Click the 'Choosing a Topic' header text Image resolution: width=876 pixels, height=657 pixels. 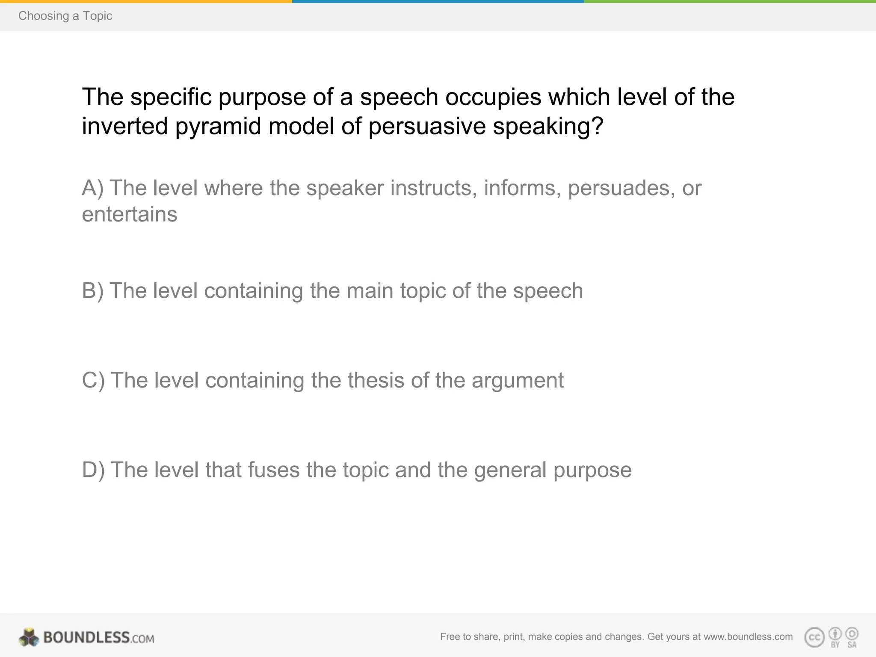pyautogui.click(x=65, y=16)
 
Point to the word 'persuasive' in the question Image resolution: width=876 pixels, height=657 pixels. pyautogui.click(x=427, y=126)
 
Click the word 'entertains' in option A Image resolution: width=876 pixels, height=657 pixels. pyautogui.click(x=129, y=214)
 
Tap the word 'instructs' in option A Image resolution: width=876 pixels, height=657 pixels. pyautogui.click(x=434, y=188)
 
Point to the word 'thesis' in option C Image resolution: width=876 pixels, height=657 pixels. pyautogui.click(x=376, y=380)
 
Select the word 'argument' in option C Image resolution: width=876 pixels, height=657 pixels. pyautogui.click(x=518, y=380)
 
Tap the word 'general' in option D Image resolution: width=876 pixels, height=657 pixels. pyautogui.click(x=510, y=470)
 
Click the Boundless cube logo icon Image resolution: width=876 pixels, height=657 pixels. pyautogui.click(x=29, y=637)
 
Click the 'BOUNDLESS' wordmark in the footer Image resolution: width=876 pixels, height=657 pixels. pyautogui.click(x=86, y=637)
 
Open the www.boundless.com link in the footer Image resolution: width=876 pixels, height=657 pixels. pyautogui.click(x=748, y=637)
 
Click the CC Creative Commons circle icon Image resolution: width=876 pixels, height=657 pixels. pyautogui.click(x=814, y=637)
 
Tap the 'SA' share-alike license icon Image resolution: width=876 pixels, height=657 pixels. pyautogui.click(x=852, y=637)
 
